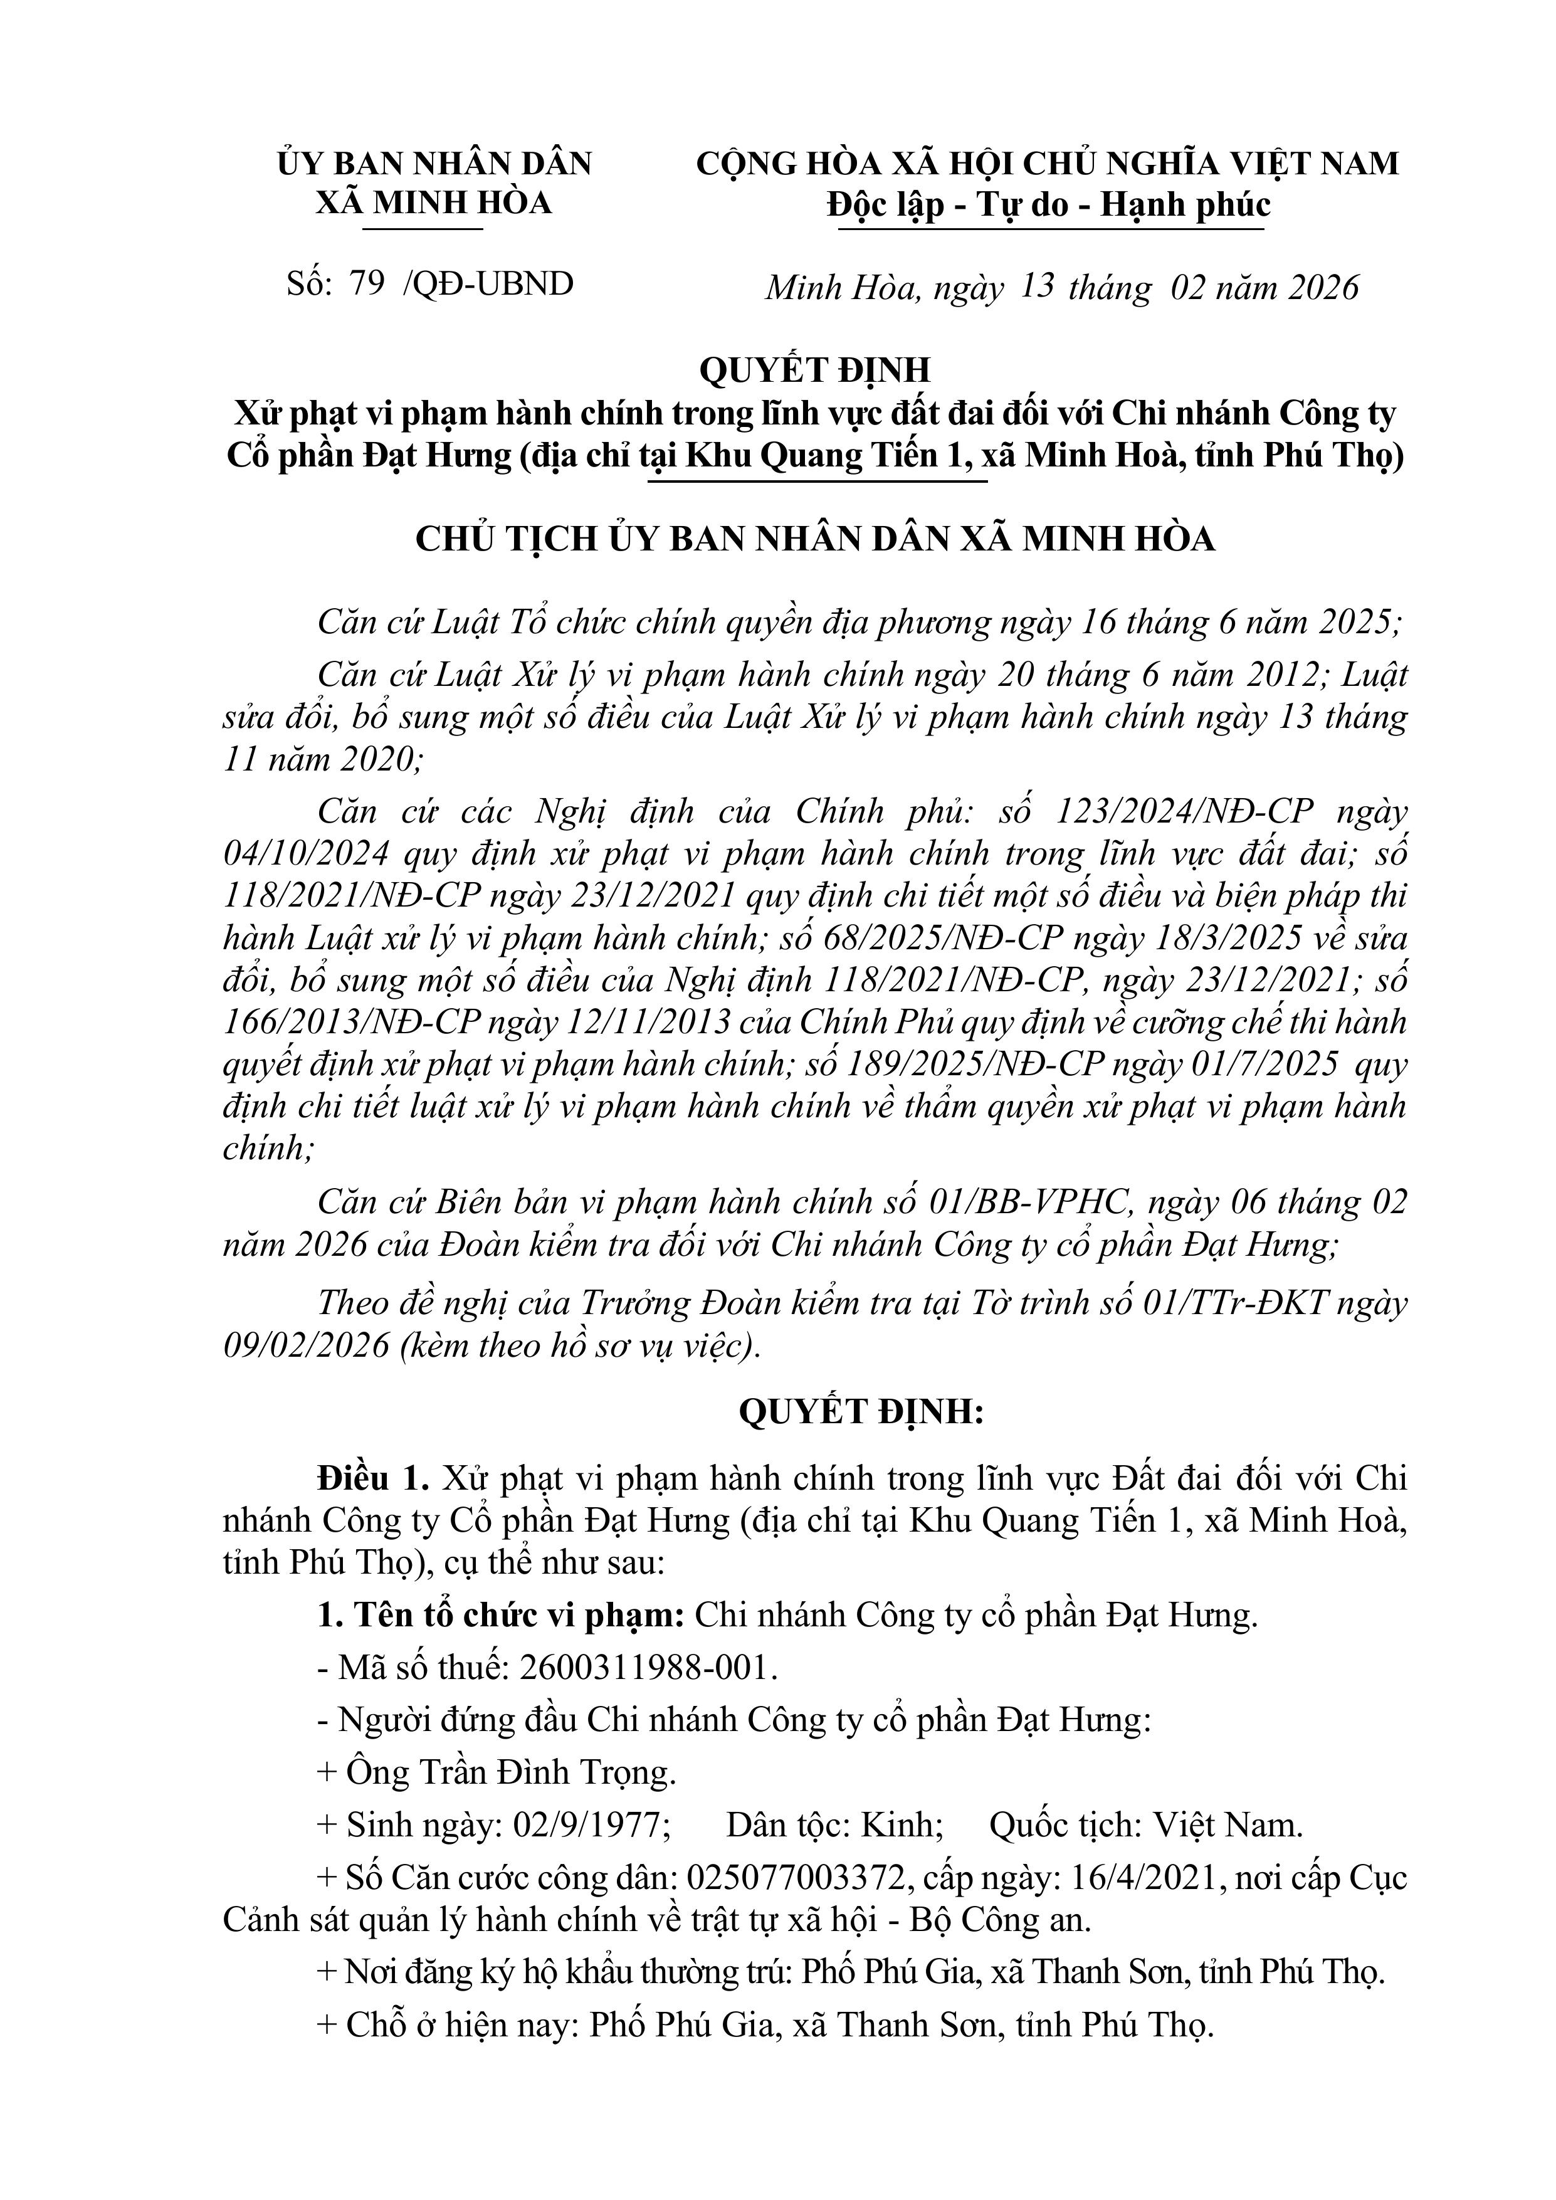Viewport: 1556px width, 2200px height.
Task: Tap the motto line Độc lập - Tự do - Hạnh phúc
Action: [1048, 205]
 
